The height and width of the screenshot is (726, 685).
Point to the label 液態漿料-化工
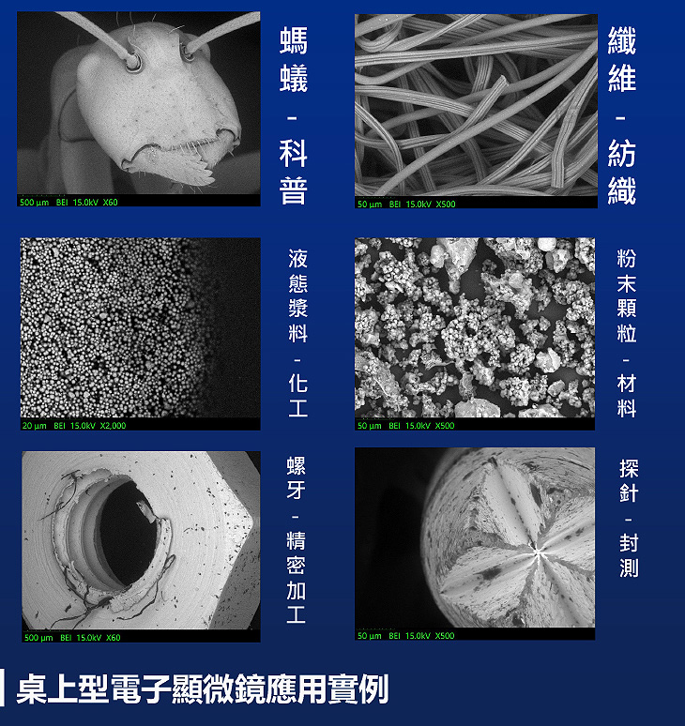(297, 333)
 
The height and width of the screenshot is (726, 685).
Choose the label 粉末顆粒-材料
(627, 333)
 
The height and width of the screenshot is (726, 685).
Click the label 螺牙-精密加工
(296, 540)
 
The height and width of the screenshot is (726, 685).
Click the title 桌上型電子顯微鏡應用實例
(202, 689)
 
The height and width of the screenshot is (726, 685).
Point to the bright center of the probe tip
(538, 551)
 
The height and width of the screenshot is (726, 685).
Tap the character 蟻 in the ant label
(293, 78)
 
